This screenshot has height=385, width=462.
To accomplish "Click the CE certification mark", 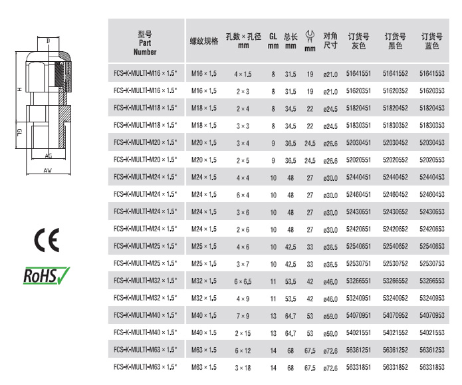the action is point(47,240).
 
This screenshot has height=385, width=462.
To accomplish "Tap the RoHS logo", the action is point(47,276).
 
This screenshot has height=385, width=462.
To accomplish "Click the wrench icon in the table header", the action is point(310,37).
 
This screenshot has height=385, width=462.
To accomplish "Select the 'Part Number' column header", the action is point(145,43).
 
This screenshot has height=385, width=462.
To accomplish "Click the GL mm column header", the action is point(273,41).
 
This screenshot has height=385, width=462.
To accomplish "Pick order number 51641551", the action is point(358,73).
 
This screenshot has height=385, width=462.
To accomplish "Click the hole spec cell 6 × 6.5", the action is point(243,281).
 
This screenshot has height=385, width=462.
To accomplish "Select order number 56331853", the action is point(432,367).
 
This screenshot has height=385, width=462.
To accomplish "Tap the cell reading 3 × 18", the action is point(243,368).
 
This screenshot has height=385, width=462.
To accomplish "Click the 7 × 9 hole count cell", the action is point(243,316).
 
